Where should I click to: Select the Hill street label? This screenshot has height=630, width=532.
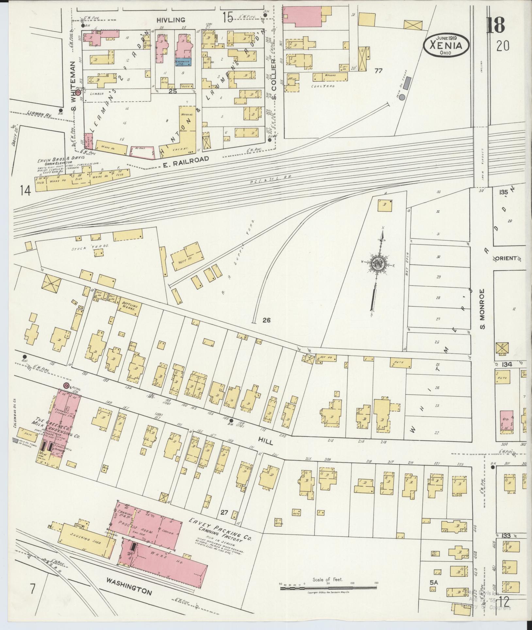pos(268,442)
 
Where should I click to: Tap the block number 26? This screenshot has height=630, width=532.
pos(266,320)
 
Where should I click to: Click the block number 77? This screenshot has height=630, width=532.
pos(378,71)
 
